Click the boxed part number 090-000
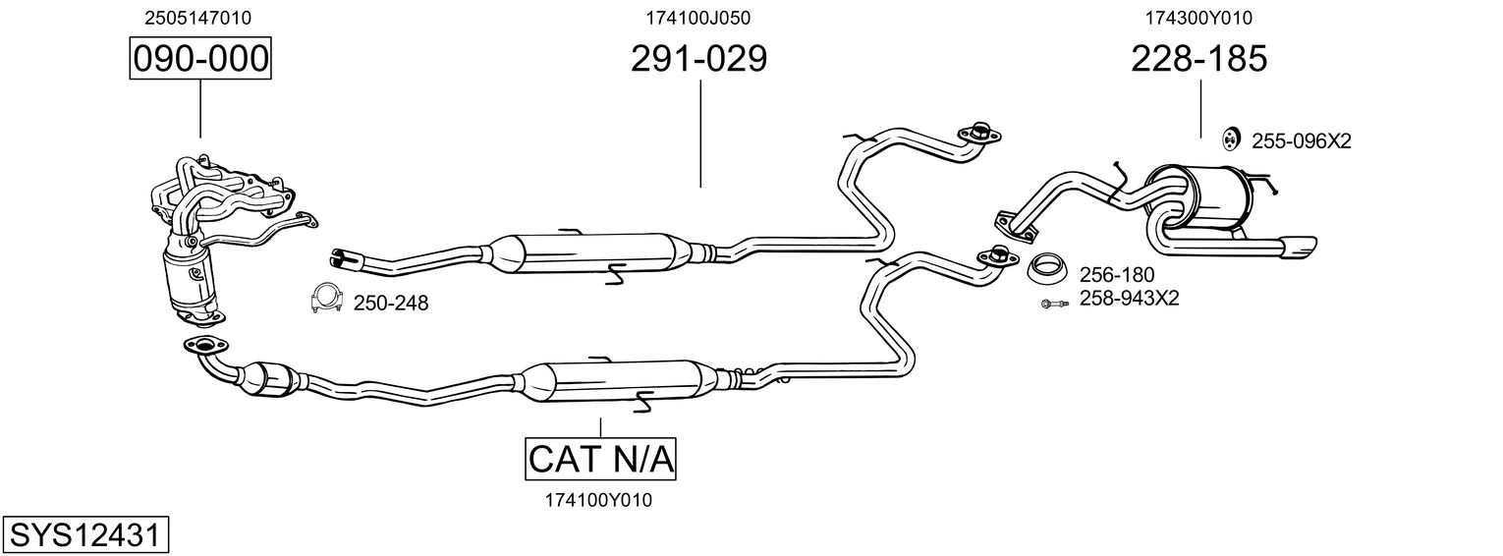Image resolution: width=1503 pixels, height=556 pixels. (199, 59)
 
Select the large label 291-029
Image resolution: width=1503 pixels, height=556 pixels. (698, 59)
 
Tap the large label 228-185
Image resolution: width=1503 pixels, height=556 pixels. (1198, 59)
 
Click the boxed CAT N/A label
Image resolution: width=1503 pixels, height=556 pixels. (601, 459)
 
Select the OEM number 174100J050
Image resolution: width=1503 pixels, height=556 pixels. (698, 18)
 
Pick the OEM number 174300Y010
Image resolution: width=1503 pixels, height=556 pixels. (1198, 18)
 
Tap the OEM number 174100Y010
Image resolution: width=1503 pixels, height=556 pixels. (598, 500)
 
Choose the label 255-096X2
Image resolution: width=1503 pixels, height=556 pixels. (1302, 141)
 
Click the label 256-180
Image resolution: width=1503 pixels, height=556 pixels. (1117, 275)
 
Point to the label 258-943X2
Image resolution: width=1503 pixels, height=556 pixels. (1129, 299)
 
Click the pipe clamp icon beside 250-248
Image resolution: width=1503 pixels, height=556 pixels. (325, 298)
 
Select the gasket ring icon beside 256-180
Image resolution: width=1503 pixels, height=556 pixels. (1048, 267)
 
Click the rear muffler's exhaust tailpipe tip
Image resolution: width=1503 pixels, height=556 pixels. (1298, 248)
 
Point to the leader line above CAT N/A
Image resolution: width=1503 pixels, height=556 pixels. (600, 425)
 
